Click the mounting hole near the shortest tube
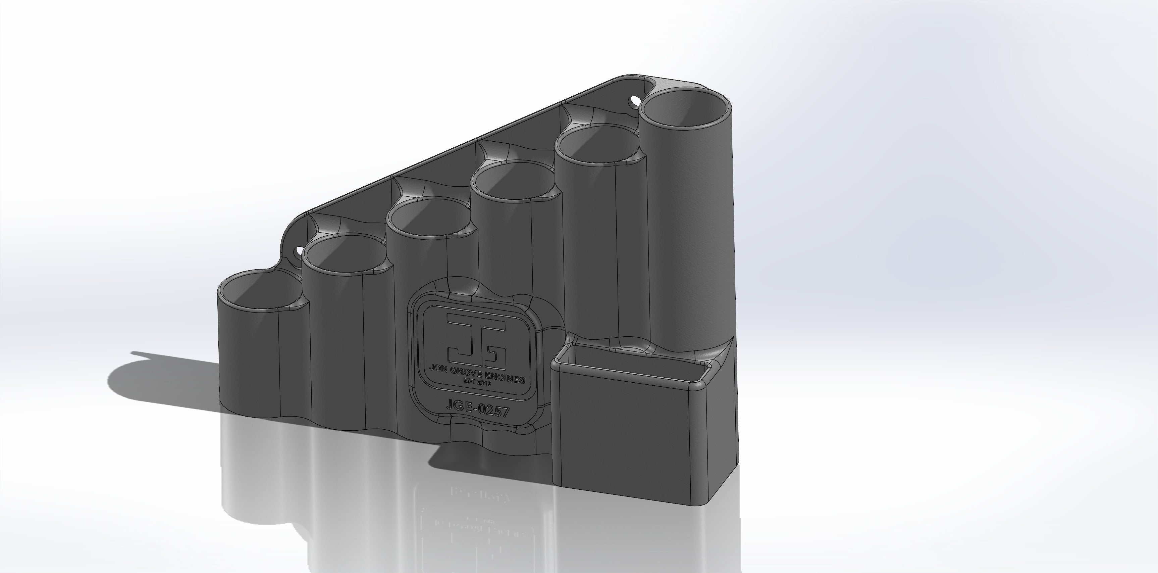[x=299, y=250]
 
